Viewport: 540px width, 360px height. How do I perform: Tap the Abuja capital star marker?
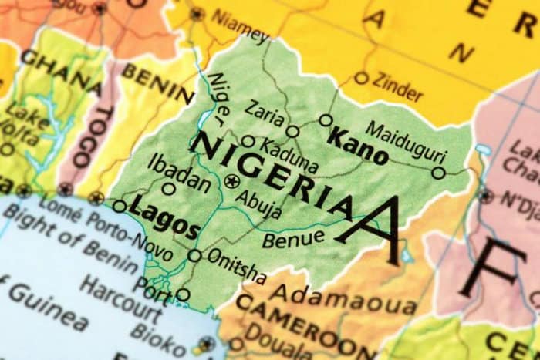[x=233, y=181]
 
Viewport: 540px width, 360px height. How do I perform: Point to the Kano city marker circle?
[x=326, y=120]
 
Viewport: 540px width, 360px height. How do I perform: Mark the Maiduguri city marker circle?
[x=438, y=173]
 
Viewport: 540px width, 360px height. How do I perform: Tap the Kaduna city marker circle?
[x=248, y=141]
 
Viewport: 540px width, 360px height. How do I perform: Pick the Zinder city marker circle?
[x=361, y=77]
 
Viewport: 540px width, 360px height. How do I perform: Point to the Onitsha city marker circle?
[x=195, y=256]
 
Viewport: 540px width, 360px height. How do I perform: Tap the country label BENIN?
[x=157, y=84]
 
